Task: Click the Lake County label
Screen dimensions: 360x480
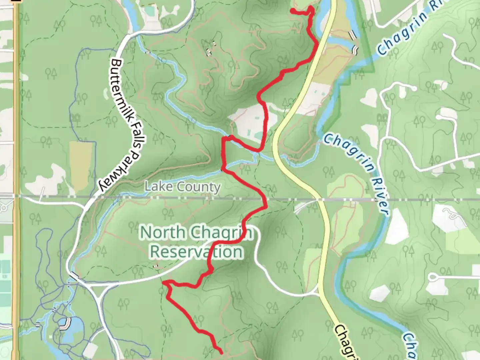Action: click(183, 187)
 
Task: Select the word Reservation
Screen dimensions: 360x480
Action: click(196, 252)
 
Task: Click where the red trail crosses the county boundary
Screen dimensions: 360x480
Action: click(265, 199)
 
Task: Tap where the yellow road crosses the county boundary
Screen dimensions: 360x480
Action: click(320, 200)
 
